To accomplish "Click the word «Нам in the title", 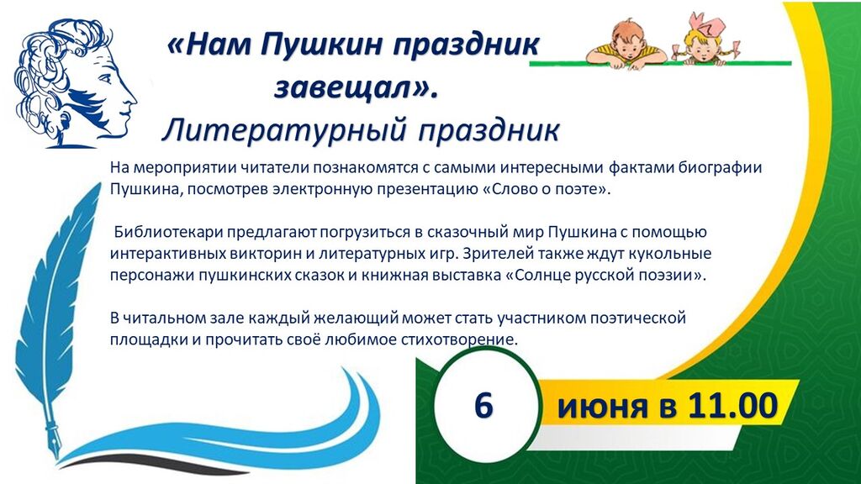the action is [x=208, y=45].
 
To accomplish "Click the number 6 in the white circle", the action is [x=483, y=406].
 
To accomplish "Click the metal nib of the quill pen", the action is [x=54, y=434].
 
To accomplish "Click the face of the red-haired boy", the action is [x=626, y=48].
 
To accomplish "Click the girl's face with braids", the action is [x=700, y=50].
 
